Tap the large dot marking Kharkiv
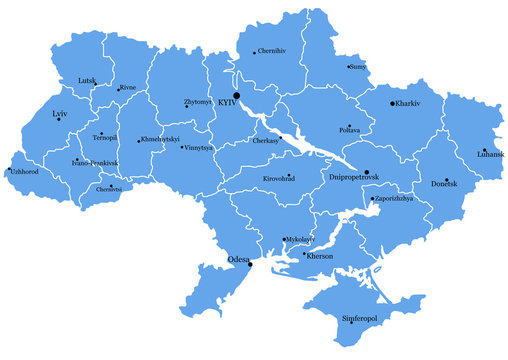click(x=392, y=102)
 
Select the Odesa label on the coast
click(x=239, y=259)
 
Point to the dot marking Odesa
click(x=250, y=265)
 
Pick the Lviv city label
click(x=60, y=115)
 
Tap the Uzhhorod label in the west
click(x=26, y=172)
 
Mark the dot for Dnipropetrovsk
click(x=367, y=172)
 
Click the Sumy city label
click(x=359, y=67)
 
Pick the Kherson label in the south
click(x=319, y=256)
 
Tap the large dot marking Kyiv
click(x=237, y=96)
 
